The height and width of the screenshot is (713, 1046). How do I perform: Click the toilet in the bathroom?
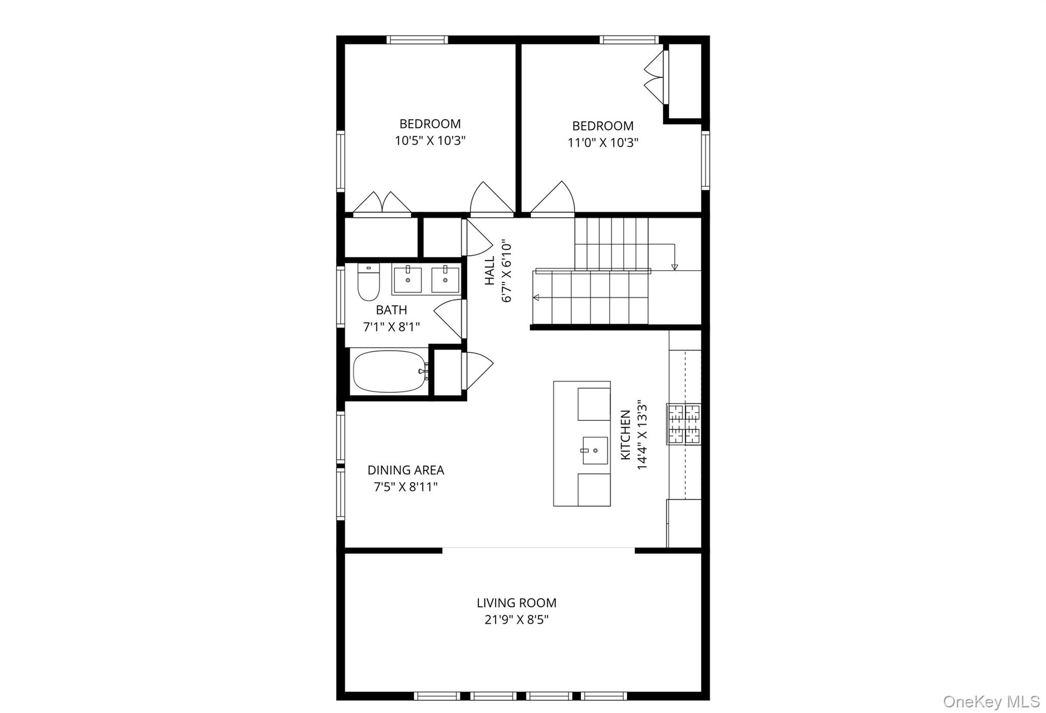368,284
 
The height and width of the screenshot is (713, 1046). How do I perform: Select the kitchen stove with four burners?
684,424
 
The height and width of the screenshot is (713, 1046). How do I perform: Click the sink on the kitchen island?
595,450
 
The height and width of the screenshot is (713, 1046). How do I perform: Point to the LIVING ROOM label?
516,603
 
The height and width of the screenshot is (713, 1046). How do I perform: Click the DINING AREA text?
406,470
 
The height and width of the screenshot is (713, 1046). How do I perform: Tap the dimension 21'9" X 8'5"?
516,620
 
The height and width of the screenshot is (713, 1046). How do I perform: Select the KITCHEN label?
626,435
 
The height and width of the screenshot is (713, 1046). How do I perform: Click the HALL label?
490,271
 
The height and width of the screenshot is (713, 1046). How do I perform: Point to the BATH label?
391,310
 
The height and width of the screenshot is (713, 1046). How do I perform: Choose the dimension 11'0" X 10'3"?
603,142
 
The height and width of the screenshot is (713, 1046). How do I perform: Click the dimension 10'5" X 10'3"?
430,140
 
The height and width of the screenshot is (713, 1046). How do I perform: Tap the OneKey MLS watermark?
991,701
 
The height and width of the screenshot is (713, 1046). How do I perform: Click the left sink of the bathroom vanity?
408,280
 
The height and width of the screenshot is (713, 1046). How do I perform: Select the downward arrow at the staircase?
674,266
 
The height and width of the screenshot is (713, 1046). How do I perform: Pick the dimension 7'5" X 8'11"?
406,487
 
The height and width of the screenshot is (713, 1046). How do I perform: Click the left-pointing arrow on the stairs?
536,297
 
